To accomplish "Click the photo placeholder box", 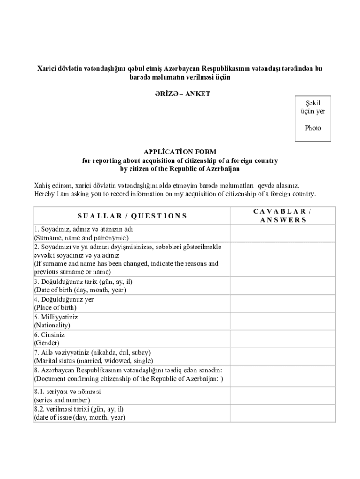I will click(x=313, y=118).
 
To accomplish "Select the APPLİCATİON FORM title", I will click(x=180, y=152).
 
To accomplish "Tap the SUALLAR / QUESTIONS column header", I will click(x=132, y=216).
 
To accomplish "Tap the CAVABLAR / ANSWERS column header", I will click(x=283, y=216).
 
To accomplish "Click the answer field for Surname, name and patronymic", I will click(x=283, y=233).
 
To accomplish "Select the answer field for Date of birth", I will click(x=283, y=285).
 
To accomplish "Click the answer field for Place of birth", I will click(x=283, y=303).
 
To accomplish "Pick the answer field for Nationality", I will click(x=283, y=321).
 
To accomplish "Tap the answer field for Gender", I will click(x=283, y=339).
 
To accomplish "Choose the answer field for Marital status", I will click(x=283, y=356).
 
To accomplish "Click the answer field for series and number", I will click(x=283, y=396).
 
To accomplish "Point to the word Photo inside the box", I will click(x=313, y=128).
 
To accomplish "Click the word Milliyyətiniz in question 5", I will click(x=56, y=317).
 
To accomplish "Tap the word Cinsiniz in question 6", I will click(x=49, y=335).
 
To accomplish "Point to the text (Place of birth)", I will click(x=55, y=308).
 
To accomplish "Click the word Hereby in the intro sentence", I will click(x=44, y=194).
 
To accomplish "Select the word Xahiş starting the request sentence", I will click(x=42, y=185).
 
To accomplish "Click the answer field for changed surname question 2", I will click(x=283, y=259).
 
